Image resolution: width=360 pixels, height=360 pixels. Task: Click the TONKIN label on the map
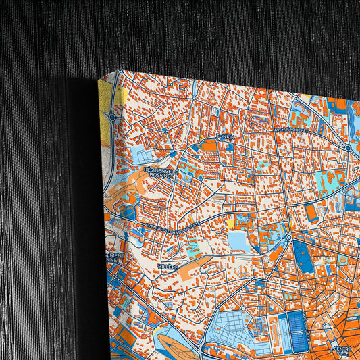coord(224,137)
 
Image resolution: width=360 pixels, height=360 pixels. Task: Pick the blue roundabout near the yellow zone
coord(112,117)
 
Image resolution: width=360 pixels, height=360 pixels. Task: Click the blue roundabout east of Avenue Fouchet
coord(349,147)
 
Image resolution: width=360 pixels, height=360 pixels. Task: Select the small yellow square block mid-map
coord(230,224)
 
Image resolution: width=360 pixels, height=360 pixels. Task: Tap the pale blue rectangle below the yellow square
coord(237,240)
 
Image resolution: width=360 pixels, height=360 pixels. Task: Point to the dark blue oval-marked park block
coord(303,257)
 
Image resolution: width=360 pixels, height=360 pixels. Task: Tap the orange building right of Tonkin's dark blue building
coord(210,145)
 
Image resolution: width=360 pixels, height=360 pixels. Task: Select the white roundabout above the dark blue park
coord(288,237)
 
